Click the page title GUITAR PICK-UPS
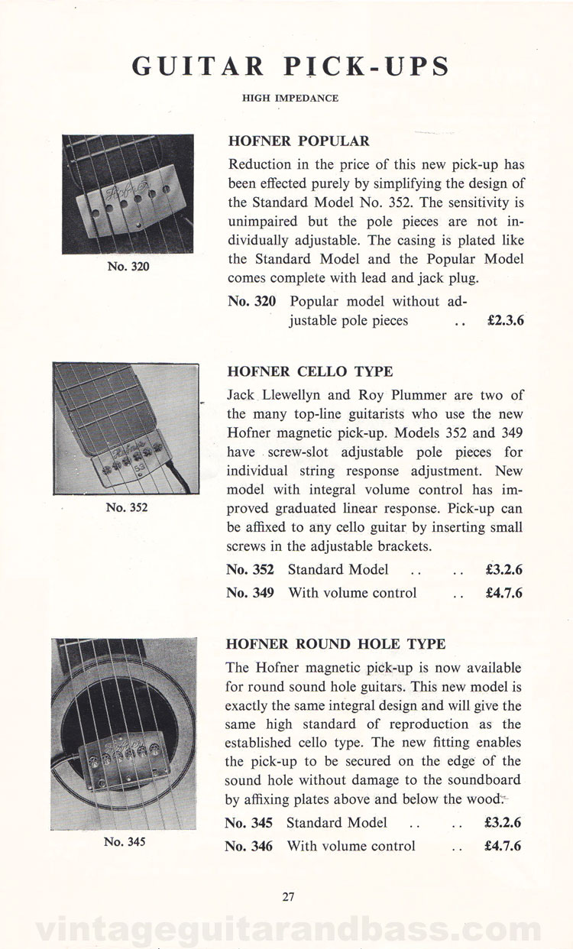point(290,66)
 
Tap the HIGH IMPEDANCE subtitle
point(290,98)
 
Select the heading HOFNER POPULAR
point(299,141)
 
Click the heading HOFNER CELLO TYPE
point(310,372)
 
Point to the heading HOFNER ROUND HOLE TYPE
point(336,644)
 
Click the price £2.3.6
point(504,322)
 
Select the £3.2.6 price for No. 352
point(503,569)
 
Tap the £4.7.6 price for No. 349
point(503,593)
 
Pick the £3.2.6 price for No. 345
point(503,823)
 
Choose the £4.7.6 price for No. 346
point(503,846)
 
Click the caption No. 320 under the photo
point(128,267)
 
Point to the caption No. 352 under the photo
point(127,507)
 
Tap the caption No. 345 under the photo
point(125,843)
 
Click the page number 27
point(288,897)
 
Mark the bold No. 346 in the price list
point(250,846)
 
